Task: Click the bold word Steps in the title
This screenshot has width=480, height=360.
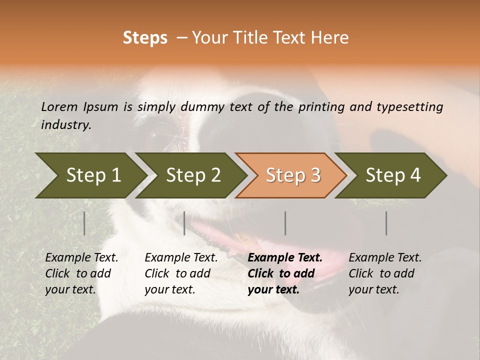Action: click(x=145, y=38)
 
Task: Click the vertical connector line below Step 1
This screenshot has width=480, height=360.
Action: click(x=84, y=223)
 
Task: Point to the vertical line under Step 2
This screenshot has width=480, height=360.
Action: click(x=184, y=223)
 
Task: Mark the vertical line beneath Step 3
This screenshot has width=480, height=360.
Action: click(x=285, y=223)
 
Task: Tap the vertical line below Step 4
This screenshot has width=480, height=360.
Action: click(x=386, y=223)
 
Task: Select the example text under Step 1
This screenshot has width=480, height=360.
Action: click(x=81, y=273)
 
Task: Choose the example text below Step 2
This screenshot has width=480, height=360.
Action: click(x=181, y=273)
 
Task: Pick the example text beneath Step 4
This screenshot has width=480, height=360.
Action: click(x=385, y=273)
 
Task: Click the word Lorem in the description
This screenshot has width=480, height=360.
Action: click(x=59, y=107)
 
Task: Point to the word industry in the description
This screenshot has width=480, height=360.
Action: click(x=66, y=125)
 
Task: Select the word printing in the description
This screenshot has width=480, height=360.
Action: click(x=319, y=107)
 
